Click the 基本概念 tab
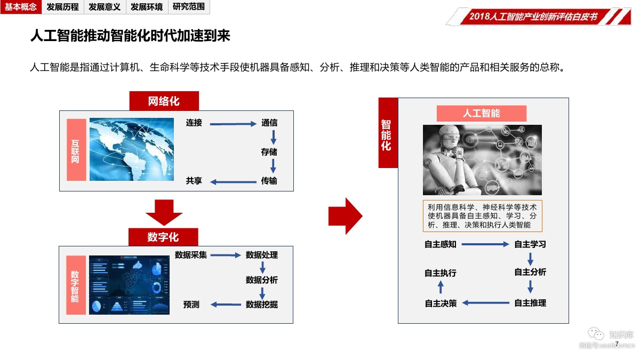(21, 7)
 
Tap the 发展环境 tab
(147, 7)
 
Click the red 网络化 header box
(164, 101)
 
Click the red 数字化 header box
(163, 237)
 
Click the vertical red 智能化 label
(388, 133)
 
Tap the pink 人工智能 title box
(481, 114)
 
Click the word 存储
(269, 152)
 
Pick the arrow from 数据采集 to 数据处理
(226, 255)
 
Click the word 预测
(191, 305)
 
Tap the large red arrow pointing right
(345, 215)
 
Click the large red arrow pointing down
(164, 212)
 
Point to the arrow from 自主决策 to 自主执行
(441, 287)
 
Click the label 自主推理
(530, 303)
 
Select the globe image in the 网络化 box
(132, 148)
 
